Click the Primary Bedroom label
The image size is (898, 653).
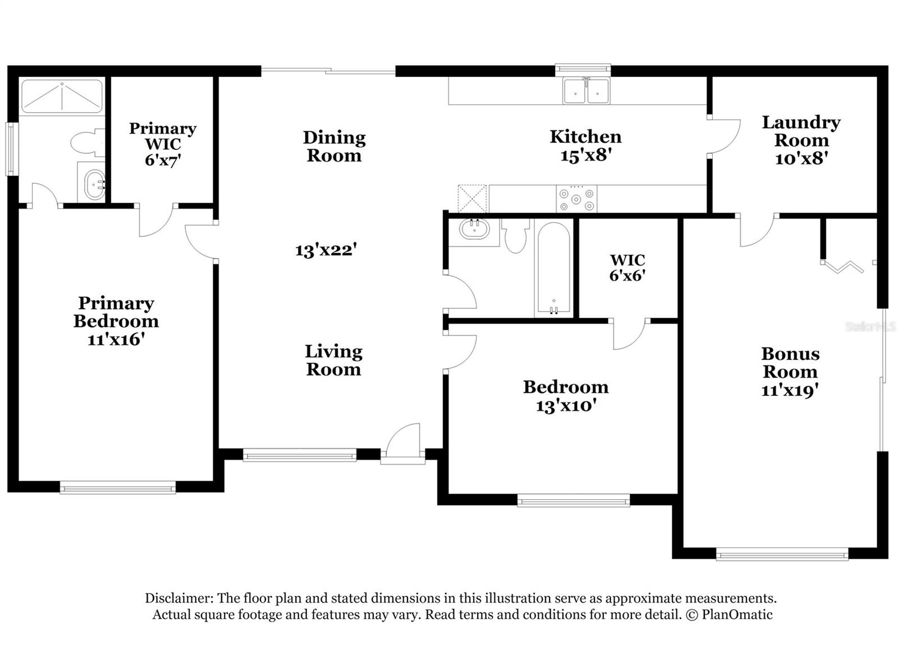[x=116, y=312]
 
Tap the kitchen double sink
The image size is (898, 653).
[x=587, y=91]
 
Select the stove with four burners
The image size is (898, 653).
[x=576, y=199]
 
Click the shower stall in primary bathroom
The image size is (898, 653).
[x=62, y=97]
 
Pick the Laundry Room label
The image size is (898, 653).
[x=801, y=131]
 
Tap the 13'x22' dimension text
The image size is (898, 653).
[x=326, y=249]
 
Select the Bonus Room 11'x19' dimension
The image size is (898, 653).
[x=790, y=390]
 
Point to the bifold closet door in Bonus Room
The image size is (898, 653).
[x=842, y=266]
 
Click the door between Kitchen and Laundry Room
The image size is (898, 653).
[x=724, y=136]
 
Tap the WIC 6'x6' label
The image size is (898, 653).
[x=627, y=267]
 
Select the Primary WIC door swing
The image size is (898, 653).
[x=155, y=221]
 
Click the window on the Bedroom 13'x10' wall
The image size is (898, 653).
[x=573, y=500]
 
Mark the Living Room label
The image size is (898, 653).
[x=333, y=360]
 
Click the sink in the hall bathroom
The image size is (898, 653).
[x=474, y=229]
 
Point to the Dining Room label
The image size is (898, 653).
[x=335, y=146]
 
